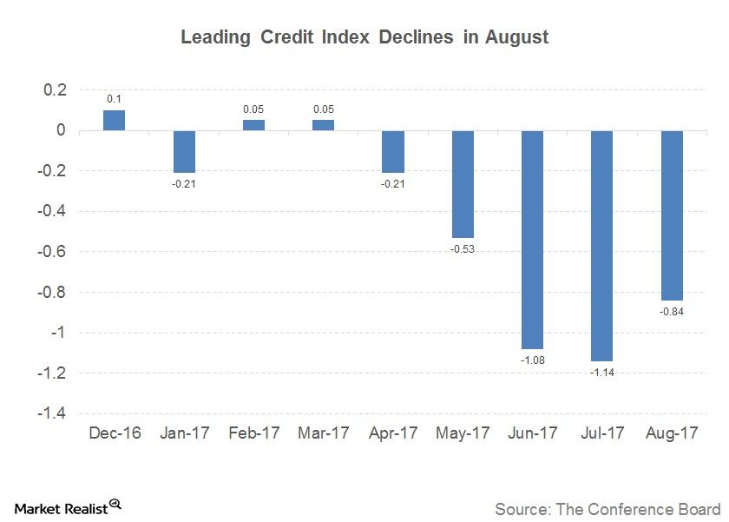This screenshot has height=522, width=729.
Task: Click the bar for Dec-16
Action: [x=114, y=121]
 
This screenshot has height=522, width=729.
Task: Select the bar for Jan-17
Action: [x=184, y=152]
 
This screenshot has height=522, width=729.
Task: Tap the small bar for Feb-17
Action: [x=253, y=125]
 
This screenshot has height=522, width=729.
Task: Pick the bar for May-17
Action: [x=463, y=184]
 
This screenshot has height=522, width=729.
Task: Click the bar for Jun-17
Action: [x=532, y=240]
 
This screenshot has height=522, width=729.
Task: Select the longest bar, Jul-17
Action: [x=602, y=246]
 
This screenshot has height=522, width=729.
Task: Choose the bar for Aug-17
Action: [x=672, y=215]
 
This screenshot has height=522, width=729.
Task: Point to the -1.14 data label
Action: [x=602, y=372]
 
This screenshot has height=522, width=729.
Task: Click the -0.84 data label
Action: [x=672, y=312]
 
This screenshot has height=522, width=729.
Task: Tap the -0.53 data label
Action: [x=463, y=249]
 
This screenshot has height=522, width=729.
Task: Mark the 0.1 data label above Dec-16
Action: [x=114, y=100]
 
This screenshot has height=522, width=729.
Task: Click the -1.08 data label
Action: [x=532, y=360]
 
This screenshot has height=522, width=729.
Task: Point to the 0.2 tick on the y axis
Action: [x=56, y=90]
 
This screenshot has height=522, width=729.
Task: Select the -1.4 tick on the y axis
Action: [x=53, y=413]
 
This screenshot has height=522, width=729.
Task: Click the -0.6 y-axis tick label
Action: [x=53, y=252]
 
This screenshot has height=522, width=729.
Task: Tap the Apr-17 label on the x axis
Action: [x=392, y=433]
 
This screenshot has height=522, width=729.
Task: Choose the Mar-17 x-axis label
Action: [x=323, y=433]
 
